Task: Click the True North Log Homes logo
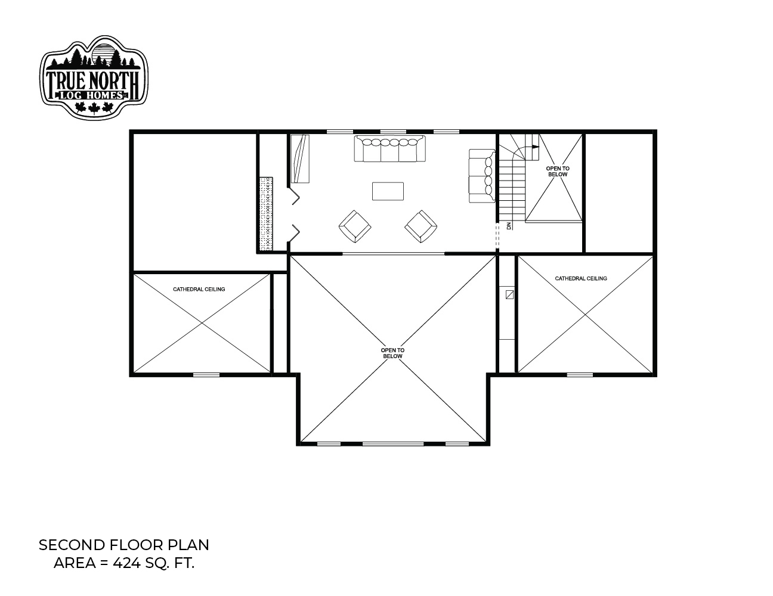(x=94, y=77)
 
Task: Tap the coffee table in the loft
(x=388, y=191)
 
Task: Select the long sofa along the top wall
(x=389, y=148)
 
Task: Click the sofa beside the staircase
(x=482, y=176)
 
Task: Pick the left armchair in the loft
(x=355, y=226)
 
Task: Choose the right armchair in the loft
(x=421, y=226)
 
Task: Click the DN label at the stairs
(x=509, y=226)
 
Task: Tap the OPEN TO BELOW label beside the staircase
(x=558, y=171)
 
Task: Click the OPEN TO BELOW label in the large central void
(x=392, y=353)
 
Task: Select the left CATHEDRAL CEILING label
(x=199, y=289)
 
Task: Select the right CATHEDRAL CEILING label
(x=581, y=278)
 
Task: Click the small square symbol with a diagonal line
(x=510, y=294)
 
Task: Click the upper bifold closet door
(x=294, y=195)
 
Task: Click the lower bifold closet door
(x=294, y=233)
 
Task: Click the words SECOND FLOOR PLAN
(x=124, y=545)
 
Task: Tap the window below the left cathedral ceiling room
(x=206, y=374)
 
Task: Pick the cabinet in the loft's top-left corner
(x=300, y=159)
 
